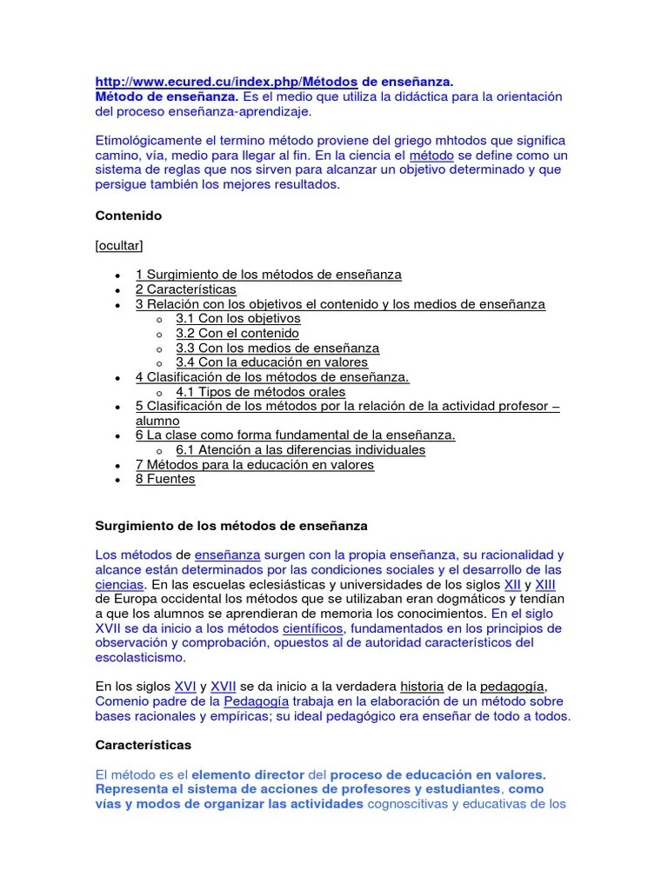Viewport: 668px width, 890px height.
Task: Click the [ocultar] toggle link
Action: pyautogui.click(x=119, y=245)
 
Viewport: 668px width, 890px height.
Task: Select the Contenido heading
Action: pyautogui.click(x=128, y=215)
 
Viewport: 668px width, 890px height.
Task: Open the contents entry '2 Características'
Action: pyautogui.click(x=185, y=289)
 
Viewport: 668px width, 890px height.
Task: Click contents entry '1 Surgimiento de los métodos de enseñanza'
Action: pyautogui.click(x=268, y=275)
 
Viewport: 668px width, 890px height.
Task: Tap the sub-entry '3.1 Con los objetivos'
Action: pyautogui.click(x=237, y=319)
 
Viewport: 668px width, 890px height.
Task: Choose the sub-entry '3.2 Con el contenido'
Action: pyautogui.click(x=237, y=333)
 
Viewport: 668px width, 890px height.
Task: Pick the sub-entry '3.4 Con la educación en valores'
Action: pyautogui.click(x=271, y=362)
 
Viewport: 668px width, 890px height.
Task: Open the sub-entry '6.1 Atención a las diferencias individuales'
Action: pyautogui.click(x=300, y=450)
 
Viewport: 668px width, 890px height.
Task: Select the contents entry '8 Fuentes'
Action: pyautogui.click(x=165, y=479)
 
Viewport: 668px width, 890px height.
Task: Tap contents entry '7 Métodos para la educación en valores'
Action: pyautogui.click(x=254, y=465)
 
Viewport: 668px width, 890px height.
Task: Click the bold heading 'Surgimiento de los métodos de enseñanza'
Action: pyautogui.click(x=230, y=526)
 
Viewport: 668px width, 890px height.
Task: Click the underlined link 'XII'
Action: pyautogui.click(x=513, y=585)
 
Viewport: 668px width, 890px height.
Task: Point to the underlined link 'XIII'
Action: pyautogui.click(x=546, y=585)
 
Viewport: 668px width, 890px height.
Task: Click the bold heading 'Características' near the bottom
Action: pyautogui.click(x=143, y=746)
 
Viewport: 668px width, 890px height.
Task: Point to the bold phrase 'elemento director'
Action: pyautogui.click(x=248, y=774)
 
